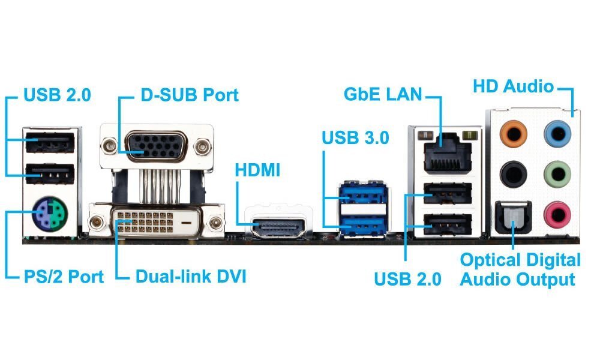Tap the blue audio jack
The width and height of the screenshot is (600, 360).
556,133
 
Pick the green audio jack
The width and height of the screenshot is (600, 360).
556,175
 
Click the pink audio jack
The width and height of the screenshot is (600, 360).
556,214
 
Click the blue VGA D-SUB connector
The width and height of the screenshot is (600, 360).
156,145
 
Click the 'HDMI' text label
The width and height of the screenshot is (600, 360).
257,170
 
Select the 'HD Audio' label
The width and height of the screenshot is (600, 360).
513,86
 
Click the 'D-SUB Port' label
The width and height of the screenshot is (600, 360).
189,95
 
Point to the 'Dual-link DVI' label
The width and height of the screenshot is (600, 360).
191,277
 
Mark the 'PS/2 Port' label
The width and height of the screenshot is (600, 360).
63,277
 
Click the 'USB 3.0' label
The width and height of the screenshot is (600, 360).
355,137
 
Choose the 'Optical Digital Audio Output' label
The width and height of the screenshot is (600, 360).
520,269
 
